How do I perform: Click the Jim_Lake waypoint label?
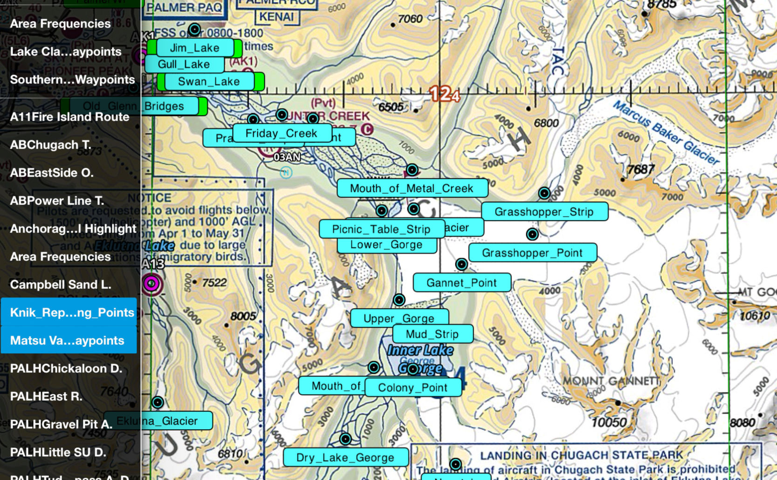[194, 48]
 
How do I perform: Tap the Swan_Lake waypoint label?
[208, 82]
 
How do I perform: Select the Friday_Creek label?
[281, 133]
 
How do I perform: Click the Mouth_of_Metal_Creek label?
[412, 188]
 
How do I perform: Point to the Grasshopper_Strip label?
[544, 212]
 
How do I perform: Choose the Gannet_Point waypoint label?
[461, 283]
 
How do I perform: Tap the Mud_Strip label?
[432, 334]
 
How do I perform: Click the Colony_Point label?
[413, 387]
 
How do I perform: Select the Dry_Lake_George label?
[345, 458]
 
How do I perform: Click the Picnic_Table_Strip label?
[381, 229]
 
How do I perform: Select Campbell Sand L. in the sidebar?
[61, 284]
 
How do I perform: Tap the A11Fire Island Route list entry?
[69, 117]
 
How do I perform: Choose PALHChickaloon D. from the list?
[66, 368]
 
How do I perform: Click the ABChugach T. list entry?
[50, 144]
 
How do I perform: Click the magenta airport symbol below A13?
[151, 283]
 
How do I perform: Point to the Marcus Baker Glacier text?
[667, 132]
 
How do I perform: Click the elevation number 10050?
[609, 423]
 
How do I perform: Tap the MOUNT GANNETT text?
[611, 381]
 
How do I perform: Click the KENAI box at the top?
[276, 17]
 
